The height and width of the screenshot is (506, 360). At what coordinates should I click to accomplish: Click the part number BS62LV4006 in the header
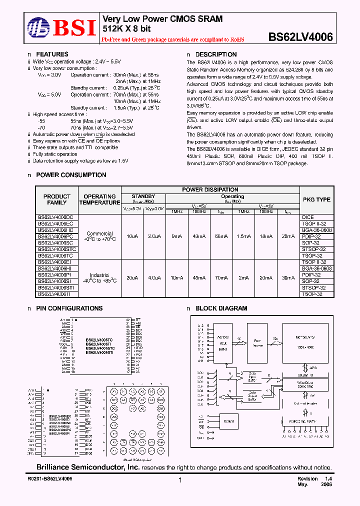coord(301,36)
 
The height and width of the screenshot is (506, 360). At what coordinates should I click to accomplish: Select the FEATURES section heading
coord(52,54)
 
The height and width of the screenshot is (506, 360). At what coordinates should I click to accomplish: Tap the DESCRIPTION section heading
coord(215,54)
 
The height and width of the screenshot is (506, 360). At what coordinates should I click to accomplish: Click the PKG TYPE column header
coord(316,199)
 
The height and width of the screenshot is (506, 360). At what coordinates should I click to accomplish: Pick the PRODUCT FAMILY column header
coord(57,199)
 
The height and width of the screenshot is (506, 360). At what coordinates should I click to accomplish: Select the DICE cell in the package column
coord(307,217)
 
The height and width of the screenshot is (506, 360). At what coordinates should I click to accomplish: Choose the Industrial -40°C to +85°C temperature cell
coord(100,277)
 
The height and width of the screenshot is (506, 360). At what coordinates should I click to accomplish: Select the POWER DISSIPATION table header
coord(210,190)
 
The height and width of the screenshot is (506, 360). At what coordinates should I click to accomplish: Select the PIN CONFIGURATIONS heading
coord(69,308)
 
